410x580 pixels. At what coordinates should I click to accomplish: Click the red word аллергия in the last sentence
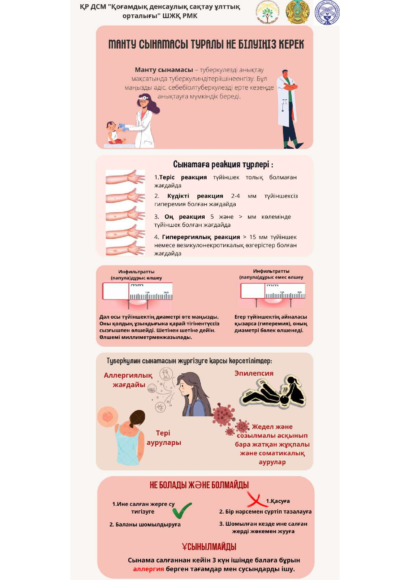coord(149,569)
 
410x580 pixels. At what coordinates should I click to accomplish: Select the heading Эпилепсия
coord(254,373)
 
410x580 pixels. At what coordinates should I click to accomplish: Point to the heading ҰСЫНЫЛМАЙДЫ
coord(209,547)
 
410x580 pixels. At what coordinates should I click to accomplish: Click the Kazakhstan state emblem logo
coord(297,12)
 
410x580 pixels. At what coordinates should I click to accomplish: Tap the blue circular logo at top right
coord(327,12)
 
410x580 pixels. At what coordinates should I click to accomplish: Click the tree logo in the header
coord(268,12)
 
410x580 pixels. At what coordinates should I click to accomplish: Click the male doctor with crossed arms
coord(289,109)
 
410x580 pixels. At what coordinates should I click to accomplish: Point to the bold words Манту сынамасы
coord(164,70)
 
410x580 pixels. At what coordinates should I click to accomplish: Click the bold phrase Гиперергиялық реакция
coord(201,237)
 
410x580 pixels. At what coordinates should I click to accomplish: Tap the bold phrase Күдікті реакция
coord(195,196)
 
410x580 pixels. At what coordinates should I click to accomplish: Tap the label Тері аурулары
coord(164,437)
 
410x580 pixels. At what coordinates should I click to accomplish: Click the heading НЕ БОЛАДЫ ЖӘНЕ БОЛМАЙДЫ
coord(199,485)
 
